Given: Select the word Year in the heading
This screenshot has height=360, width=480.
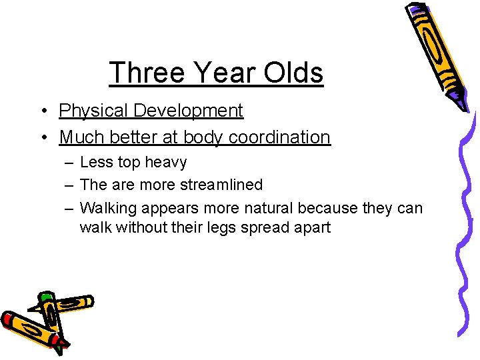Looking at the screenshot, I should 220,73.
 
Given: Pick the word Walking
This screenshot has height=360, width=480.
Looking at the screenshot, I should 109,208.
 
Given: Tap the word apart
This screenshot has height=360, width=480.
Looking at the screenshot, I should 310,227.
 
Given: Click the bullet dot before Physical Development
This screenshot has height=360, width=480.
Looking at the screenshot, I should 43,111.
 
